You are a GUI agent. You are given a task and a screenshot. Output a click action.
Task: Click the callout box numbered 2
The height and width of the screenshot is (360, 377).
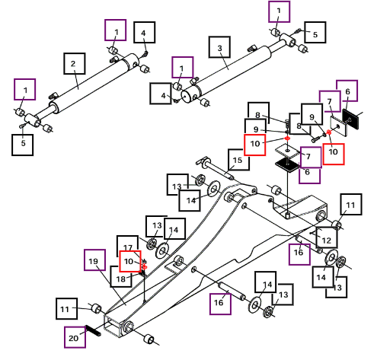pos(74,64)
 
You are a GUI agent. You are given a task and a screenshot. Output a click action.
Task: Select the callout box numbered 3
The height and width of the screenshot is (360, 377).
pos(219,47)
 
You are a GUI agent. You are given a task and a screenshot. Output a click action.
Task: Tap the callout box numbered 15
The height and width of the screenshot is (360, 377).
pos(238,160)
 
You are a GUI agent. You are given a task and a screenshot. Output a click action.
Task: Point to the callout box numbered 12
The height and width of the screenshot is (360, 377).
pos(327,237)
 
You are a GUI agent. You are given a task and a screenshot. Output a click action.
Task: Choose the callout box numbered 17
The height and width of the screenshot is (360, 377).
pos(127,247)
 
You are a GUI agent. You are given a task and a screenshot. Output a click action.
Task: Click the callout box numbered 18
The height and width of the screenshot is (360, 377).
pos(121,277)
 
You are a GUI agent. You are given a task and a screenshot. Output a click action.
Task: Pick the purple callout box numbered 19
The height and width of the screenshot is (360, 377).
pos(94,260)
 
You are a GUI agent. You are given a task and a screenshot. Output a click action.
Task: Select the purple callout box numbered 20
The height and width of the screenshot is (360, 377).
pos(75,337)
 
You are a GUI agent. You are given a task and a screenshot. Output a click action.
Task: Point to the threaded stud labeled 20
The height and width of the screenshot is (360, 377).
pos(93,330)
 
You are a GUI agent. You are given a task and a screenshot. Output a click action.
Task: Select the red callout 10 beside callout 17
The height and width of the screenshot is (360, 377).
pos(130,261)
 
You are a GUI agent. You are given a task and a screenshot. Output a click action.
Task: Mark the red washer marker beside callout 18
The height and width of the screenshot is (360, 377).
pos(145,267)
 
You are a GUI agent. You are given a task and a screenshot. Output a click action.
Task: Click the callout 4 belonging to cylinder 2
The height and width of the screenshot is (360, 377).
pos(145,33)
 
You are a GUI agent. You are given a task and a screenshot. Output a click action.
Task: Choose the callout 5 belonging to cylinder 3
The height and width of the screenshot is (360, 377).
pos(315,33)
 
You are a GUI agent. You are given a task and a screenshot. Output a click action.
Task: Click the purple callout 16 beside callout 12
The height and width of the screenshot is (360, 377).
pos(299,254)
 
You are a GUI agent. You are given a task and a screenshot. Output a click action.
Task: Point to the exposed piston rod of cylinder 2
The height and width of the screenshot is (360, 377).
pos(46,113)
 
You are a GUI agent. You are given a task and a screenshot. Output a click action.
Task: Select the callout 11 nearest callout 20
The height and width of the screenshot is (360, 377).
pos(66,309)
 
